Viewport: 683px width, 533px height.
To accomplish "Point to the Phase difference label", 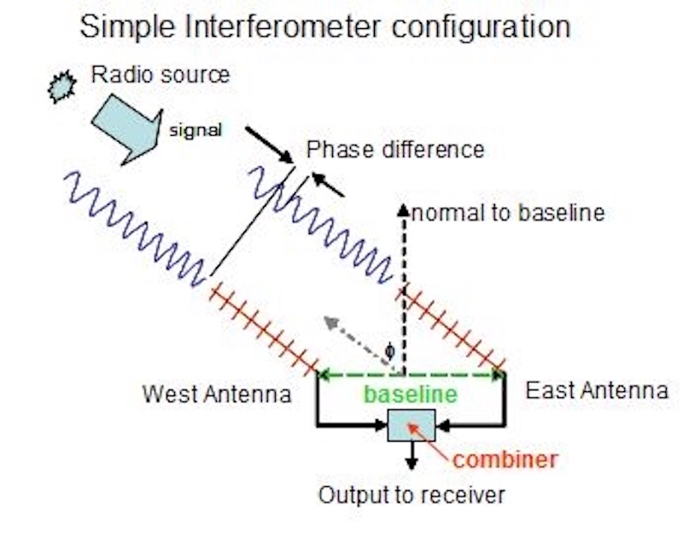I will click(x=395, y=150).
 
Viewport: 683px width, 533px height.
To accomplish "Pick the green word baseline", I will click(x=411, y=395).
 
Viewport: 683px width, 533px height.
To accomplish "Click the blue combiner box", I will click(x=411, y=425).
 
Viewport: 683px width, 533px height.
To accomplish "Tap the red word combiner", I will click(x=505, y=460).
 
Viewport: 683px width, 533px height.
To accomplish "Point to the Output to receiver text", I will click(x=412, y=495).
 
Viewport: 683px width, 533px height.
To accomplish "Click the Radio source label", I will click(x=161, y=74).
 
